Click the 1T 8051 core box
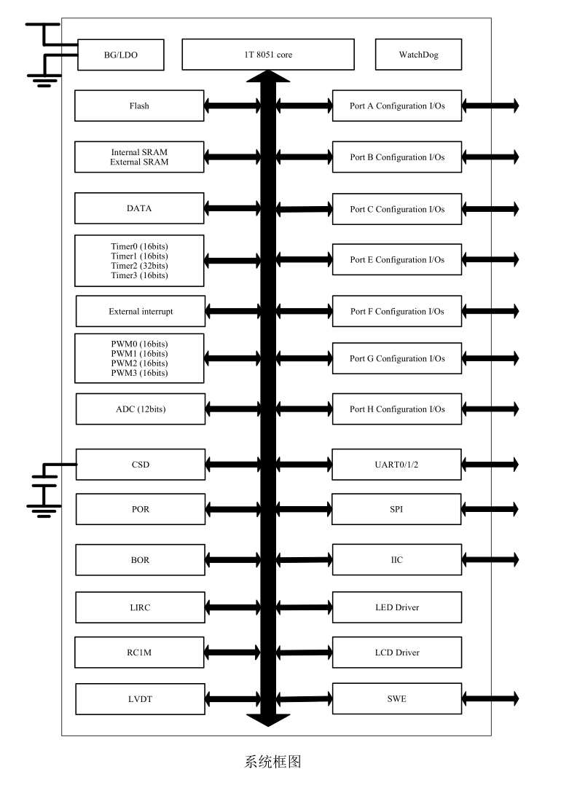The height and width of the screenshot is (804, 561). [x=268, y=55]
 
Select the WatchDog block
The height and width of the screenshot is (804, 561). [x=418, y=55]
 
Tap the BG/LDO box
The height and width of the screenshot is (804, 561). [x=121, y=55]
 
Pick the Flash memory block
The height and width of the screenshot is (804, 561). [x=139, y=106]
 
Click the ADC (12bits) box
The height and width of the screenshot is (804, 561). [x=141, y=409]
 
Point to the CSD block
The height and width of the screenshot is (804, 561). [x=141, y=465]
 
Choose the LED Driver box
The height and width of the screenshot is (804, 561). [x=397, y=607]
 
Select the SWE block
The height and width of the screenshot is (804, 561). [x=397, y=698]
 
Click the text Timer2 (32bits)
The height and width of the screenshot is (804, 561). [x=139, y=266]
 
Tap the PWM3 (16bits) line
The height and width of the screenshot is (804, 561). [x=139, y=373]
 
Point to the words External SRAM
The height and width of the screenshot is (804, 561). [x=139, y=162]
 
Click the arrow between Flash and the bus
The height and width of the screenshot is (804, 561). [x=232, y=106]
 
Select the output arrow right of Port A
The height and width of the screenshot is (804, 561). [x=491, y=106]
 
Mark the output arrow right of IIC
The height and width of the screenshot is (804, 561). [x=491, y=559]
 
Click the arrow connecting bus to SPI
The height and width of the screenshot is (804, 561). [x=305, y=509]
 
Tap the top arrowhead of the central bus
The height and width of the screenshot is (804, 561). [x=268, y=76]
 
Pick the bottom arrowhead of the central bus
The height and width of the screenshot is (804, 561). [x=268, y=720]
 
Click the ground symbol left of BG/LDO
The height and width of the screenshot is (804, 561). [x=44, y=80]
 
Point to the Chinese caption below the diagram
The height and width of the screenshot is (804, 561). [x=272, y=762]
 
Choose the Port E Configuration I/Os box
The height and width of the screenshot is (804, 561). [x=397, y=259]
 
